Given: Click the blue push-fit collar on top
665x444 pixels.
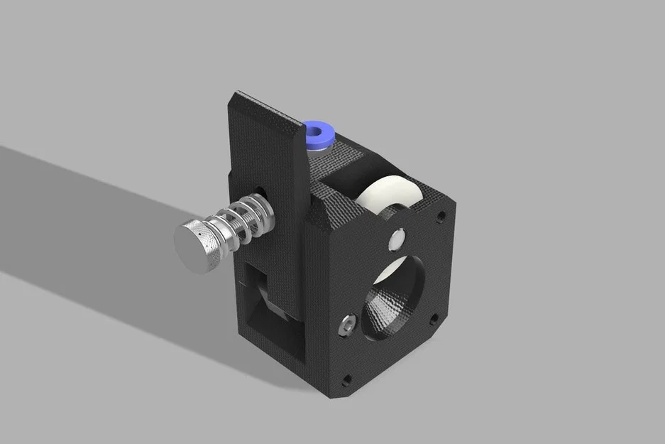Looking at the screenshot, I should (x=309, y=133).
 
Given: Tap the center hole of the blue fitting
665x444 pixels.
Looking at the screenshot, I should (x=319, y=131).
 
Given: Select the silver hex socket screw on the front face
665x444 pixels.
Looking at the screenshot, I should (x=347, y=324).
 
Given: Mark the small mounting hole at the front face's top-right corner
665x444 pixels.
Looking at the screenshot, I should (x=441, y=214).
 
